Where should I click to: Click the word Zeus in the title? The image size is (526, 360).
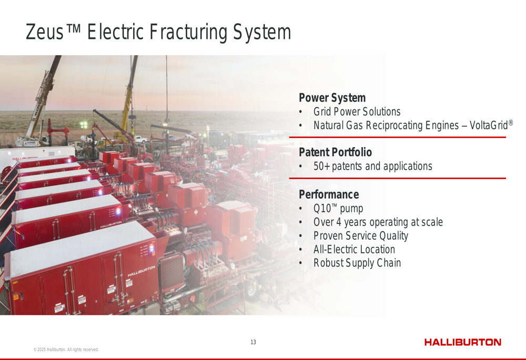click(45, 32)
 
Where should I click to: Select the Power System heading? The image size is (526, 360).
click(332, 98)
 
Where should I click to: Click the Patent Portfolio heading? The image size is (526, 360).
click(335, 152)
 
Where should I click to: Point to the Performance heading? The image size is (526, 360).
click(329, 194)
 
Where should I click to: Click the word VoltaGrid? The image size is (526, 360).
click(489, 125)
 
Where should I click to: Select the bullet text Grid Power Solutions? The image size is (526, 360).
click(357, 111)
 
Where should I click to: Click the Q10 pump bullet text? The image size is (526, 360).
click(338, 209)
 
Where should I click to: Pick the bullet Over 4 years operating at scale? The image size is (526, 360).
click(378, 222)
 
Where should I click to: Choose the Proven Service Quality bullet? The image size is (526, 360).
click(361, 235)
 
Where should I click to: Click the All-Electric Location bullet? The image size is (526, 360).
click(354, 250)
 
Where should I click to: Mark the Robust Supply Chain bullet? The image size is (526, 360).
click(357, 263)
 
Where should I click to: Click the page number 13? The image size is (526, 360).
click(254, 342)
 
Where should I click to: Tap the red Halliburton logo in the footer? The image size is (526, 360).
click(462, 342)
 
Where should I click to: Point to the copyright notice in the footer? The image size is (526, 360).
click(66, 349)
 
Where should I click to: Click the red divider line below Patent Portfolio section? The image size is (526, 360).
click(398, 178)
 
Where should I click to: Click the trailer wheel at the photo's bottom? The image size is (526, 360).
click(251, 289)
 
